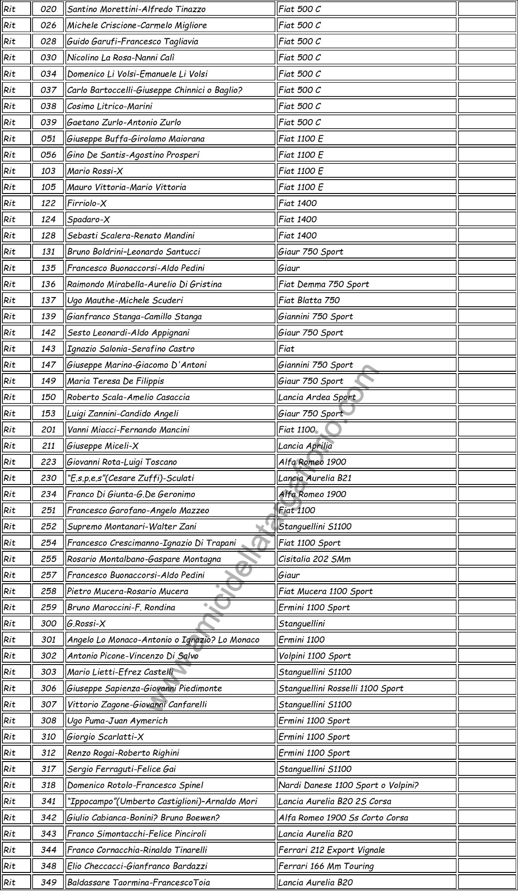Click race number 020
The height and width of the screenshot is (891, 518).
pos(48,9)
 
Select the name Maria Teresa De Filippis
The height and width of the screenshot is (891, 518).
pos(116,381)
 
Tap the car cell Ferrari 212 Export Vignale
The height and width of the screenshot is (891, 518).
pos(331,850)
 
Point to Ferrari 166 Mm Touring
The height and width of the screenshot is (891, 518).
pos(326,866)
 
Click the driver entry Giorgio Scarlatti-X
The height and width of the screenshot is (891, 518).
pos(105,736)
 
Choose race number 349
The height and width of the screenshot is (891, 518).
pos(48,882)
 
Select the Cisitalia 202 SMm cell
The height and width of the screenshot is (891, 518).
pos(314,559)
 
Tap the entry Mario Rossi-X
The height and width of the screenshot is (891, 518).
pos(95,171)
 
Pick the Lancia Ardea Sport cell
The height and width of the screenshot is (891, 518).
pos(317,397)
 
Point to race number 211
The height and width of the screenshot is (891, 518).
pos(48,446)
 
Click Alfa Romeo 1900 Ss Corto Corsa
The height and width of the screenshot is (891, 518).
pos(343,817)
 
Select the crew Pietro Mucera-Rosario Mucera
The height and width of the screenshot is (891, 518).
pos(128,591)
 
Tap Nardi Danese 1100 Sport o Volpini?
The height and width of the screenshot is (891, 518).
pos(348,785)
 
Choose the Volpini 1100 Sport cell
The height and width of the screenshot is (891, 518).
pos(315,656)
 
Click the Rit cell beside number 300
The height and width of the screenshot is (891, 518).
pos(10,623)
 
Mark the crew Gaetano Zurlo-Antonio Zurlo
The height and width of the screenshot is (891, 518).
pos(124,122)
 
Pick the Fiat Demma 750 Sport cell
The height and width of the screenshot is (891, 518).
pos(324,284)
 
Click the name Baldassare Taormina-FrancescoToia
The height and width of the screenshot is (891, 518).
pos(138,882)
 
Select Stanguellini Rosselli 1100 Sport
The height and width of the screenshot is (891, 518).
pos(341,688)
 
